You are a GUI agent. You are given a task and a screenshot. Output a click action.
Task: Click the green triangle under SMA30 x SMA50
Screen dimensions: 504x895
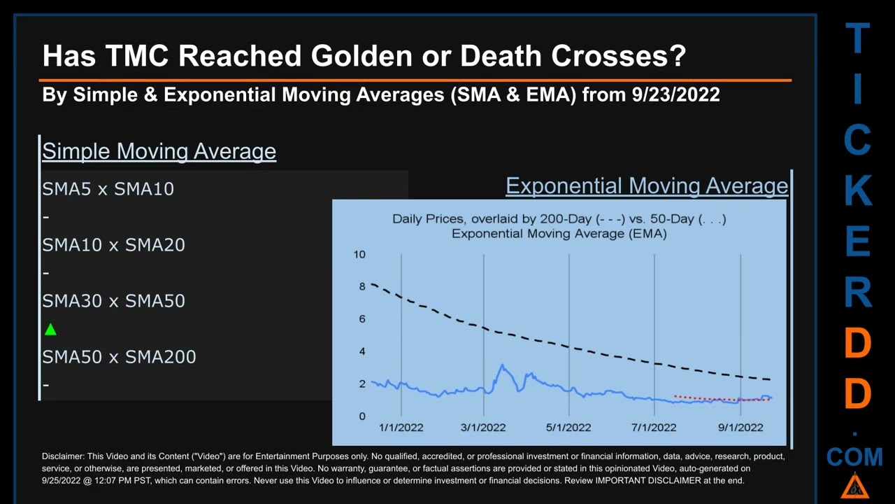click(50, 330)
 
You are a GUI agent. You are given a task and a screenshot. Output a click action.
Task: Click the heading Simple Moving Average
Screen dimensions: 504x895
click(159, 151)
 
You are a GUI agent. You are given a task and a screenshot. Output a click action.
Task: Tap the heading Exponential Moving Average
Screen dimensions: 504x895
click(647, 186)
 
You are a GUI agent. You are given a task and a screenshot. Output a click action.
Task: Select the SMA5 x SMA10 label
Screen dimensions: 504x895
click(108, 189)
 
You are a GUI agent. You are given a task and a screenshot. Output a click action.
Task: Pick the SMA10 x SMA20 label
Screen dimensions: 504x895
click(113, 245)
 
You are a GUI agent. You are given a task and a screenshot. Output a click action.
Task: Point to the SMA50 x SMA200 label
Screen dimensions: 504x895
click(119, 357)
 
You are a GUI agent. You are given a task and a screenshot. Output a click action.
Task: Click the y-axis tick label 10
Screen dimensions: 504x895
click(359, 254)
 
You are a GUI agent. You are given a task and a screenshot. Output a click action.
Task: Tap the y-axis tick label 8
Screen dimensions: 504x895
click(362, 286)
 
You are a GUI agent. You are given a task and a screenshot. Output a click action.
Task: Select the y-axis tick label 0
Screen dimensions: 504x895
click(362, 416)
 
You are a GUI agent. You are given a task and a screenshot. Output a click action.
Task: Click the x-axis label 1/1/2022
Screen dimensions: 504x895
click(401, 428)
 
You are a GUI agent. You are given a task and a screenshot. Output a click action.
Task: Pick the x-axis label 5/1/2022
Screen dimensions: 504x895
click(568, 428)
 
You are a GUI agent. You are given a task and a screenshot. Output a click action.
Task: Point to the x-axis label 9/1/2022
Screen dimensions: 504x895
click(740, 428)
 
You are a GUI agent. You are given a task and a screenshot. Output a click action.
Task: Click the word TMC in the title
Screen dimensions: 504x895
click(137, 56)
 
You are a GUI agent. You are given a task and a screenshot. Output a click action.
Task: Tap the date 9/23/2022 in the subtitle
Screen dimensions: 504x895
click(675, 94)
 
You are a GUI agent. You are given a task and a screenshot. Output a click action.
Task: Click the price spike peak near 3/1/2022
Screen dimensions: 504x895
click(501, 366)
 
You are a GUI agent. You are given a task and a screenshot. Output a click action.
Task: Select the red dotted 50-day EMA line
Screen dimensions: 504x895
click(706, 399)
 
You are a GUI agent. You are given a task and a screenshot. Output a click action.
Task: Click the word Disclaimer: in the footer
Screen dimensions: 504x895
click(64, 456)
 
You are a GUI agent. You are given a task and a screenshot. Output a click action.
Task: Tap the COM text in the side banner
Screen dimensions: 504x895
click(854, 458)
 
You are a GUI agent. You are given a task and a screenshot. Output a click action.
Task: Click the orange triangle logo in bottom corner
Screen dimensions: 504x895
click(854, 486)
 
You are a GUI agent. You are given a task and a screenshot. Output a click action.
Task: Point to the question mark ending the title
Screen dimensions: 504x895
click(677, 56)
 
